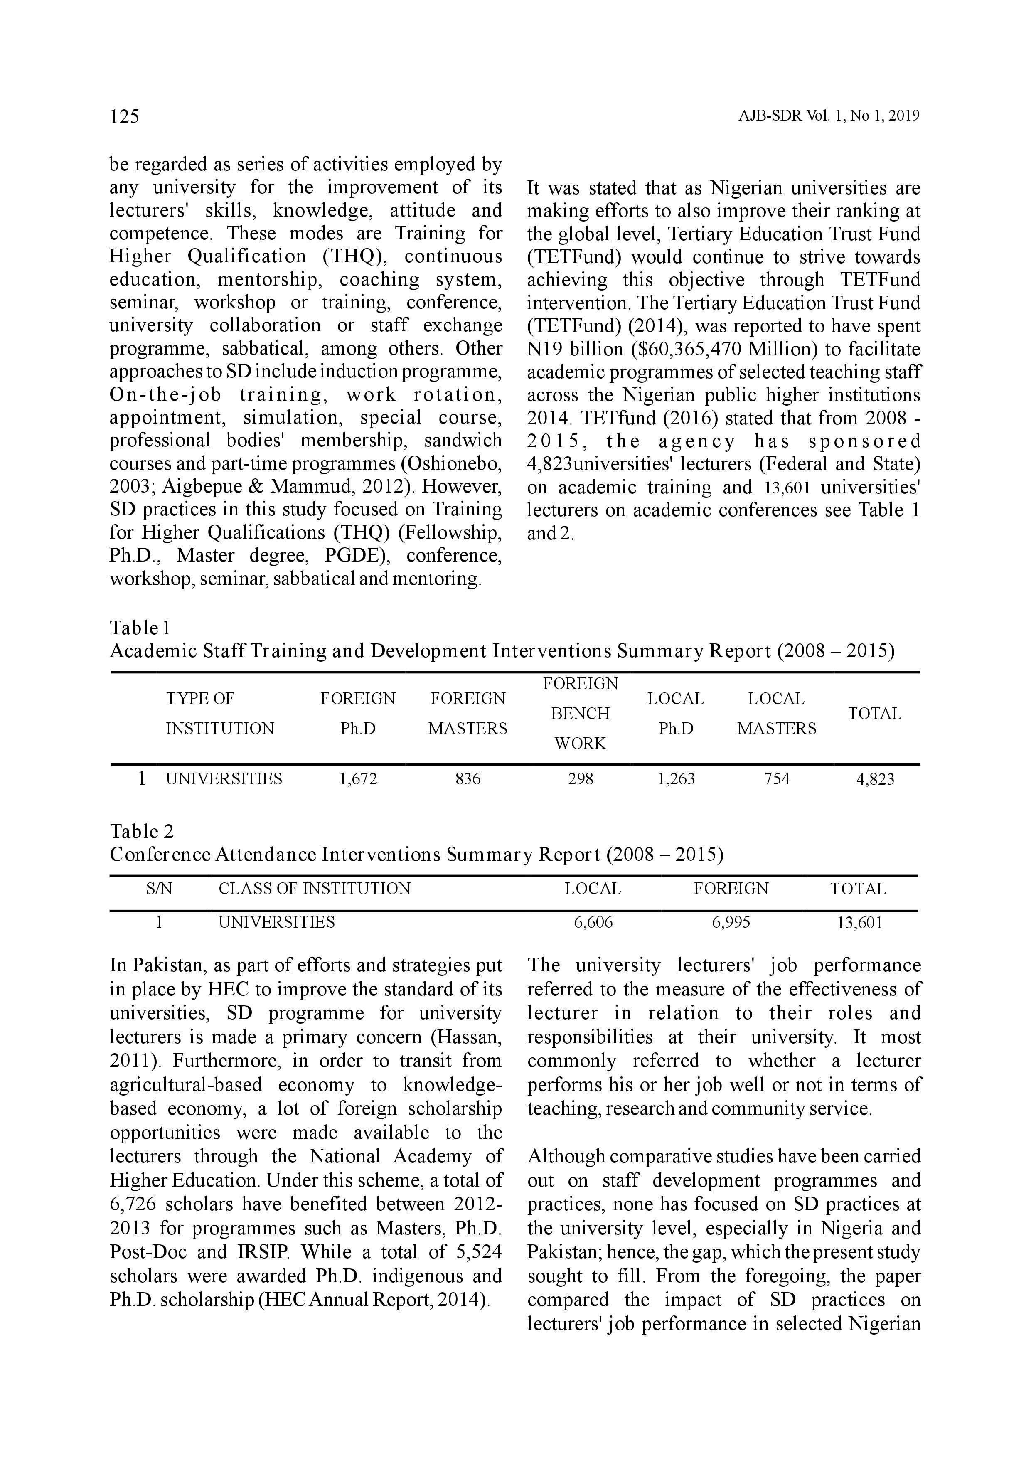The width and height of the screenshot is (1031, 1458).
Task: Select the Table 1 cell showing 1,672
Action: click(358, 779)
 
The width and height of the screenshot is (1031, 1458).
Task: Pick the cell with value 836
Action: click(468, 779)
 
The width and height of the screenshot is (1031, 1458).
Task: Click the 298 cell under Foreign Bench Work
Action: click(580, 779)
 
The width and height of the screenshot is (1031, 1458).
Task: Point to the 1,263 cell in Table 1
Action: click(676, 779)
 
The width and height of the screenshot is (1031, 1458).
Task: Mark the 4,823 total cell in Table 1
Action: click(875, 779)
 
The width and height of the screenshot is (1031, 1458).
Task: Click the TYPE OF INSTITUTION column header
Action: click(220, 714)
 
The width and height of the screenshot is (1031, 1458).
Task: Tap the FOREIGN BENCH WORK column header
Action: click(580, 714)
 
